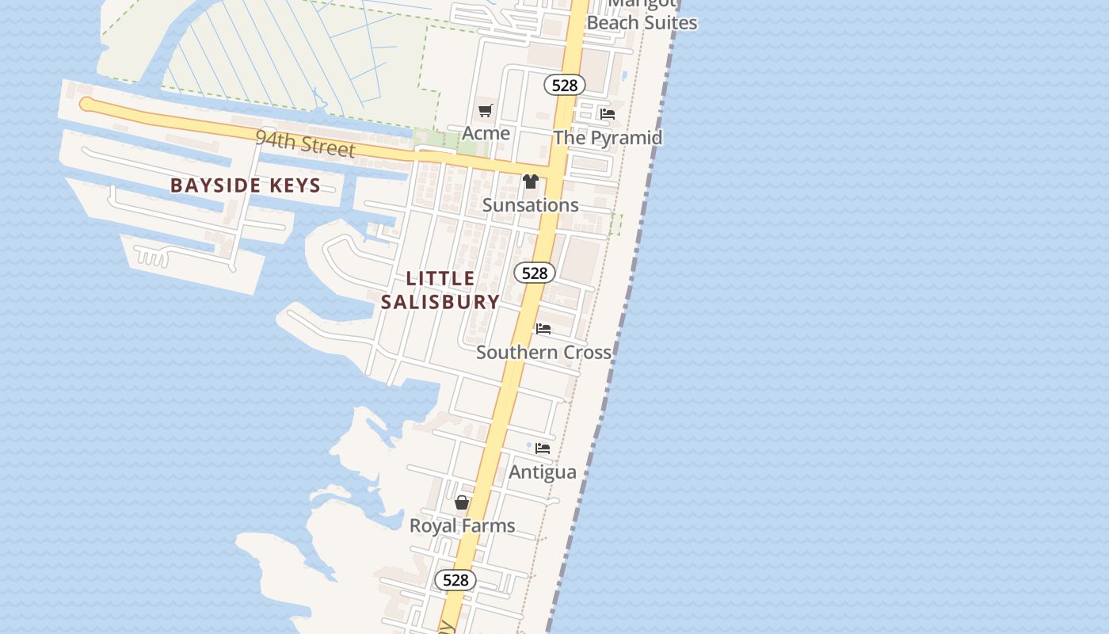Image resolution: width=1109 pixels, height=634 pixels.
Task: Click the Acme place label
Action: [x=486, y=133]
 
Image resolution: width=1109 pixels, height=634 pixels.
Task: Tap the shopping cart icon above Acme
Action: [x=486, y=111]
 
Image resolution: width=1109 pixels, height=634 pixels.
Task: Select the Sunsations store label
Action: [x=530, y=205]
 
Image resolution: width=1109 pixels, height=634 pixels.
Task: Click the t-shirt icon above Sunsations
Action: [x=530, y=181]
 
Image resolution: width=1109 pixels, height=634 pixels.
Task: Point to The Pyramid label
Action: [x=608, y=138]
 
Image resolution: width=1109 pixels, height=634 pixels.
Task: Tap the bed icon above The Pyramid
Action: [x=608, y=114]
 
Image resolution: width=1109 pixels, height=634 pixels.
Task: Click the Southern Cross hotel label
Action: [x=543, y=352]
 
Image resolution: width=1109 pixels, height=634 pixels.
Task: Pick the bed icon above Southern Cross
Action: [x=543, y=328]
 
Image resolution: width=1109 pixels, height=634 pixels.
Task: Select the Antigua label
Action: [x=543, y=472]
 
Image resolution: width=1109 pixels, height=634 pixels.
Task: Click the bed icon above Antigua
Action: [x=543, y=449]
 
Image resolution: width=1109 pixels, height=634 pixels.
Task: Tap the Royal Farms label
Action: [x=462, y=525]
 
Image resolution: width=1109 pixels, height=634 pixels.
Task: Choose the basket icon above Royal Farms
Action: [x=462, y=502]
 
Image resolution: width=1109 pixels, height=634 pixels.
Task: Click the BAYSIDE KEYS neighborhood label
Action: [x=246, y=186]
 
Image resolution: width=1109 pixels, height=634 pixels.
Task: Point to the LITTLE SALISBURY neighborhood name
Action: [x=440, y=290]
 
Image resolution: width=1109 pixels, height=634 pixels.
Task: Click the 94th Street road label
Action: [x=305, y=144]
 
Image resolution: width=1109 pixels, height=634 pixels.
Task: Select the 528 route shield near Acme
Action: [x=564, y=85]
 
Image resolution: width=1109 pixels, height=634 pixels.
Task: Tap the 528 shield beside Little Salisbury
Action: [x=535, y=273]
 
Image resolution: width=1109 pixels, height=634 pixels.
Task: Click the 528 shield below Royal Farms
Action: [x=455, y=580]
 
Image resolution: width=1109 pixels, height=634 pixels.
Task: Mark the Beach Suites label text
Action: [x=642, y=23]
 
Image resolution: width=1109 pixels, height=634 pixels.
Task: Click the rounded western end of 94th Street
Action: [x=86, y=104]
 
